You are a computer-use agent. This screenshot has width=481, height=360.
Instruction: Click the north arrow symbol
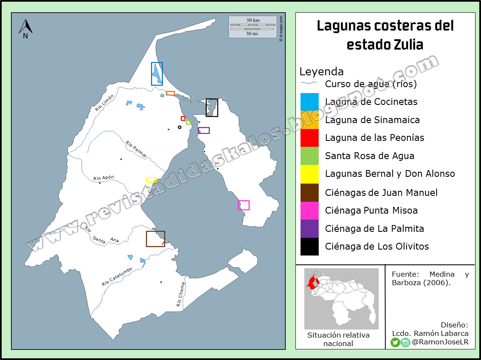(25, 28)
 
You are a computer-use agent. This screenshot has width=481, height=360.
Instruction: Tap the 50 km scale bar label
(253, 20)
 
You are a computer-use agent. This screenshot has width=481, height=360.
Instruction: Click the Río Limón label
(104, 103)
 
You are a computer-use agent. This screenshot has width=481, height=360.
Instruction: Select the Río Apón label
(104, 178)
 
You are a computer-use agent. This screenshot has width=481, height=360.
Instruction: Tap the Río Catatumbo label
(117, 277)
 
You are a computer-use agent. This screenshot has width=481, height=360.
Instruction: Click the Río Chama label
(180, 294)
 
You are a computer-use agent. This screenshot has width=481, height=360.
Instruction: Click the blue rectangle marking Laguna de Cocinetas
(157, 74)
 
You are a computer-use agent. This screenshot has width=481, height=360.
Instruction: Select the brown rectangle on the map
(156, 239)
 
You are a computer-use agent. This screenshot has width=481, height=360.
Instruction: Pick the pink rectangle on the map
(243, 205)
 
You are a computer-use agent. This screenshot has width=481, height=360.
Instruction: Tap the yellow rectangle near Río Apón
(151, 180)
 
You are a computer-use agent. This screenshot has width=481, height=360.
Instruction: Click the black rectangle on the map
(212, 107)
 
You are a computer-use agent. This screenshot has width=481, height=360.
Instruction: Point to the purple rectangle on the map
(204, 130)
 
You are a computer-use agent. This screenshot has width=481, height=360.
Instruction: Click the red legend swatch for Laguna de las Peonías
(309, 138)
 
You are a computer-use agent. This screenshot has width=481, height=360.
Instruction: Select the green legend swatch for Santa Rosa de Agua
(309, 156)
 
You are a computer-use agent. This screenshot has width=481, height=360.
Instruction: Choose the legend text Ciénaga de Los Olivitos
(377, 246)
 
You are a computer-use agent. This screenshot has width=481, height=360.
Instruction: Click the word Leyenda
(321, 71)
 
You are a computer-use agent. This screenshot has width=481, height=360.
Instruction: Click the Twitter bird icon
(395, 342)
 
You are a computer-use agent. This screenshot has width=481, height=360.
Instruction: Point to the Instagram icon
(405, 342)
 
